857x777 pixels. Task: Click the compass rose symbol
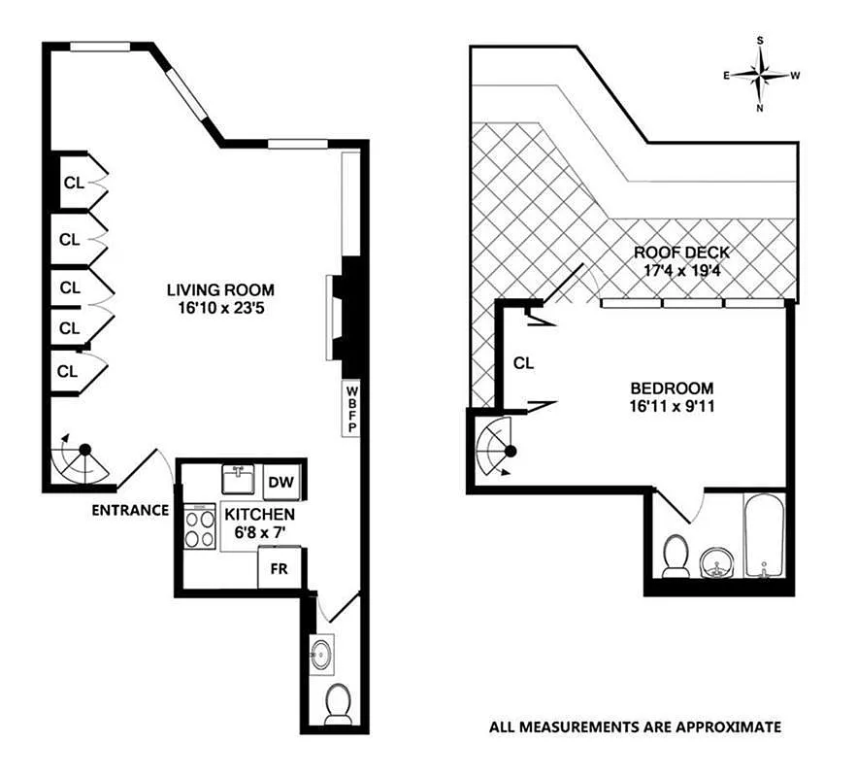[x=762, y=75]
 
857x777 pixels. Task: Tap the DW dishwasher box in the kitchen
[x=280, y=483]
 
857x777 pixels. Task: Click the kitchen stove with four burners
[x=201, y=527]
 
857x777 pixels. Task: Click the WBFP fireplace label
[x=350, y=409]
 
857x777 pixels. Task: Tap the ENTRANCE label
[x=131, y=510]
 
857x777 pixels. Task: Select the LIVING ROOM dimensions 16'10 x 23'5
[x=220, y=308]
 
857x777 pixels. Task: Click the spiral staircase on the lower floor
[x=83, y=459]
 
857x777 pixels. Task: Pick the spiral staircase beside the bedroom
[x=500, y=447]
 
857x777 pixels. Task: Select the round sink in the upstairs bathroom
[x=718, y=560]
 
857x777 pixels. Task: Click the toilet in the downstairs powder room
[x=338, y=704]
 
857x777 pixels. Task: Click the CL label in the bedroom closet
[x=524, y=363]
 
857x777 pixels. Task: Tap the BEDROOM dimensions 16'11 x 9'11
[x=671, y=406]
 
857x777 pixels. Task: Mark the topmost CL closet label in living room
[x=74, y=182]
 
